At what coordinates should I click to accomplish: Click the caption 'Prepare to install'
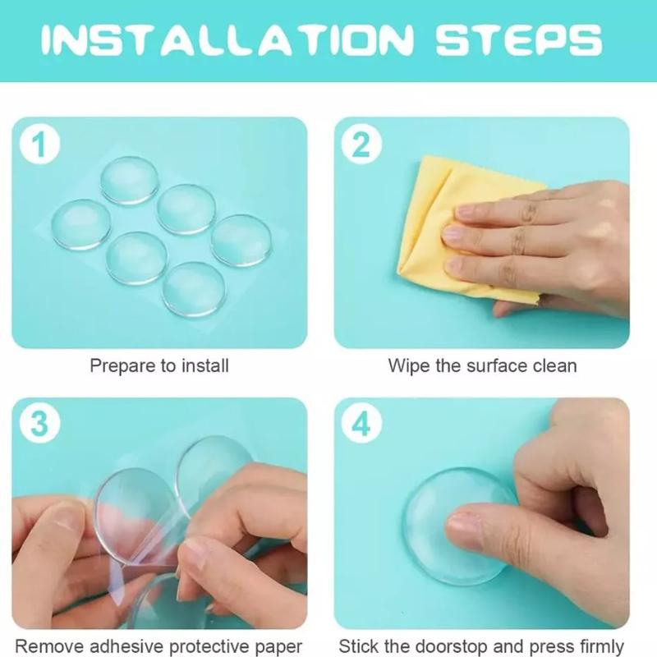159,365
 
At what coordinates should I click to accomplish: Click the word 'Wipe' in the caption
409,365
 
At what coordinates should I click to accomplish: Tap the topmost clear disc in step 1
129,180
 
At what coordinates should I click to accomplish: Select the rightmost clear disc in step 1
241,240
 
